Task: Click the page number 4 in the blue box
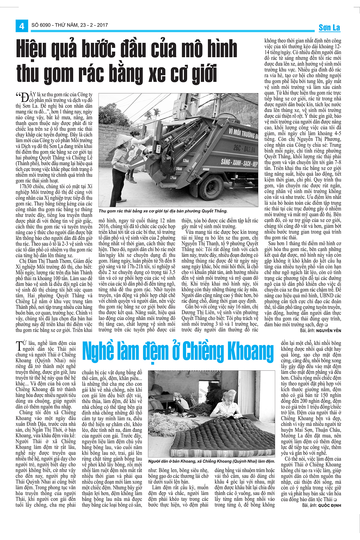(x=22, y=26)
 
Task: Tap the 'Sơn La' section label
(x=329, y=28)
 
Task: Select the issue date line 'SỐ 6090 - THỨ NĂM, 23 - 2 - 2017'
(x=70, y=25)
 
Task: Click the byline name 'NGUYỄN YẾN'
(x=328, y=330)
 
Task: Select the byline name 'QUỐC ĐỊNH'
(x=329, y=505)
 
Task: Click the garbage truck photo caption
(x=163, y=211)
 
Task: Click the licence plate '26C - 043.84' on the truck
(x=244, y=149)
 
